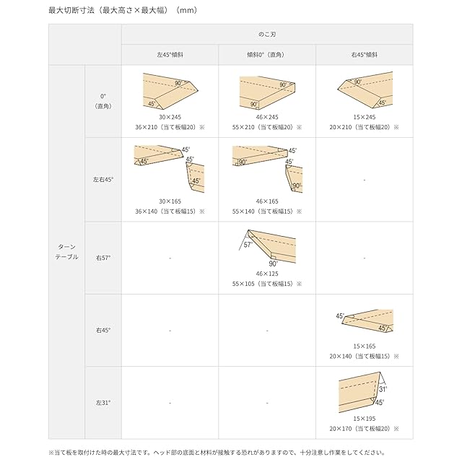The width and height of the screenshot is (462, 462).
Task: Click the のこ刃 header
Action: [267, 34]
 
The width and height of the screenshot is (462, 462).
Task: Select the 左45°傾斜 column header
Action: [170, 54]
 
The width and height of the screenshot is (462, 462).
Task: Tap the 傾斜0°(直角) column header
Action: [266, 54]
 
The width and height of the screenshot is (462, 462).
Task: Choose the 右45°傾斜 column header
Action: [364, 54]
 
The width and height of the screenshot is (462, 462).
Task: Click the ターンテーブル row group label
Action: [66, 251]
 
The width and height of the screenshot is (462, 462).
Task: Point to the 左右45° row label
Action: [103, 179]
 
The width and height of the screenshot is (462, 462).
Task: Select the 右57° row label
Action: [103, 257]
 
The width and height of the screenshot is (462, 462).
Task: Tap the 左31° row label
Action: [103, 402]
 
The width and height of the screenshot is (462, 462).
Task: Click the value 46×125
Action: [267, 274]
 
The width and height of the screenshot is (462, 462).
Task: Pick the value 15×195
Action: [364, 419]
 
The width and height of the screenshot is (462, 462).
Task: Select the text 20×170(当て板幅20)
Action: [364, 429]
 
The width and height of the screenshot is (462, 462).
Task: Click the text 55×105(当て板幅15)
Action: [267, 284]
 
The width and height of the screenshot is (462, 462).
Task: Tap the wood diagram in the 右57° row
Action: [269, 248]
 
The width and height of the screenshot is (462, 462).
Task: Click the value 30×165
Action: [170, 201]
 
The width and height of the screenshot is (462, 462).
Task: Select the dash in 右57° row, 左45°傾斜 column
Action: [170, 258]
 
